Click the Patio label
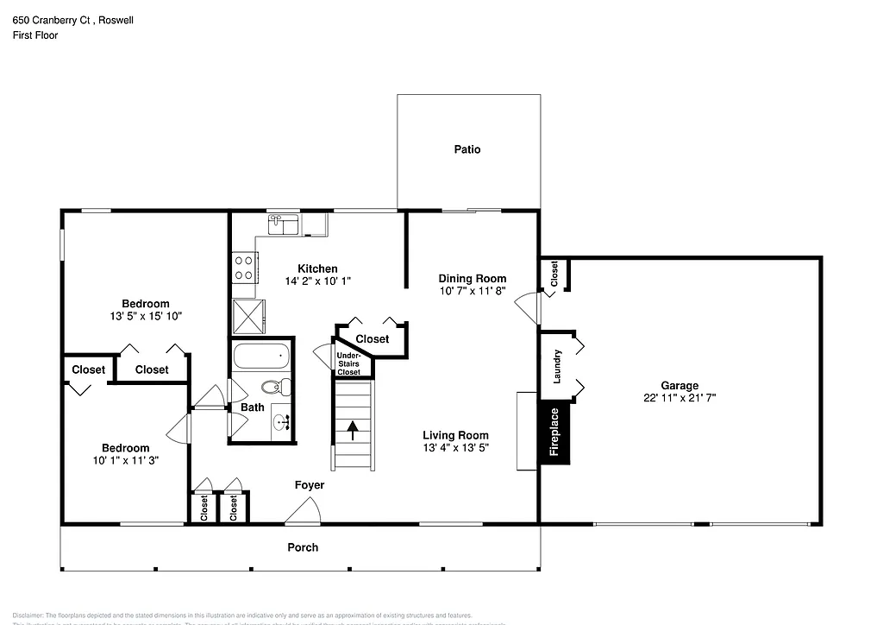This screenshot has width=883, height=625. [467, 149]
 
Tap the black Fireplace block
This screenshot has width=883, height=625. [554, 432]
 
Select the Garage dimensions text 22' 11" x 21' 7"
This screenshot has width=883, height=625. [679, 398]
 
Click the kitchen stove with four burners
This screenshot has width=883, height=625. [244, 267]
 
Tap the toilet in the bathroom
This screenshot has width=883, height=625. [274, 388]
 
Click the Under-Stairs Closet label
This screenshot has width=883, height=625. [348, 363]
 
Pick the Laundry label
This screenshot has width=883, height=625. [558, 366]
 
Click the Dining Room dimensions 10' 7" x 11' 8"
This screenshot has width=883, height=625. [472, 291]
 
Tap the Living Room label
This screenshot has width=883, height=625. [455, 435]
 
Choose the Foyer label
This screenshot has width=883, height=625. [310, 485]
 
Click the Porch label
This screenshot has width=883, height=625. [302, 547]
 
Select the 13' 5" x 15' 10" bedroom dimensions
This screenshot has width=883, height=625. [145, 316]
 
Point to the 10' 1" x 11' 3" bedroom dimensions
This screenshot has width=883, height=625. [125, 460]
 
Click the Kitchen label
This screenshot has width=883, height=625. [317, 268]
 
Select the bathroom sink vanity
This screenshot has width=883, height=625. [282, 422]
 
